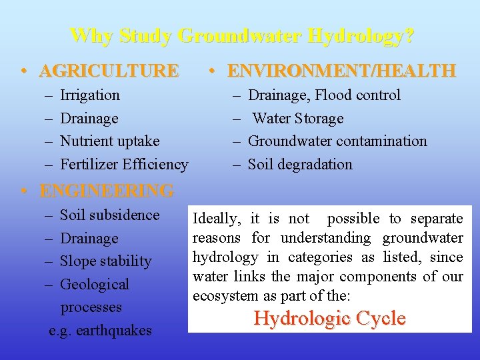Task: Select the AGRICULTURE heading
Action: coord(109,70)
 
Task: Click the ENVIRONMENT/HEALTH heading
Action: coord(341,70)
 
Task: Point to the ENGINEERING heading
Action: coord(107,191)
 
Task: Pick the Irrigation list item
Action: coord(90,95)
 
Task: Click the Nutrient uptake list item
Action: coord(110,141)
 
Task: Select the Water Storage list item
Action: coord(297,119)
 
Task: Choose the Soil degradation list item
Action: coord(300,164)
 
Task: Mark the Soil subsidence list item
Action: coord(110,215)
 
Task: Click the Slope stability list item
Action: coord(106,261)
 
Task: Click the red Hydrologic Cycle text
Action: coord(329,319)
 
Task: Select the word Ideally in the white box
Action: coord(216,219)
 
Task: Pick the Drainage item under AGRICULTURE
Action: coord(89,119)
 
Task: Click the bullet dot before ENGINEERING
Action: coord(23,191)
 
